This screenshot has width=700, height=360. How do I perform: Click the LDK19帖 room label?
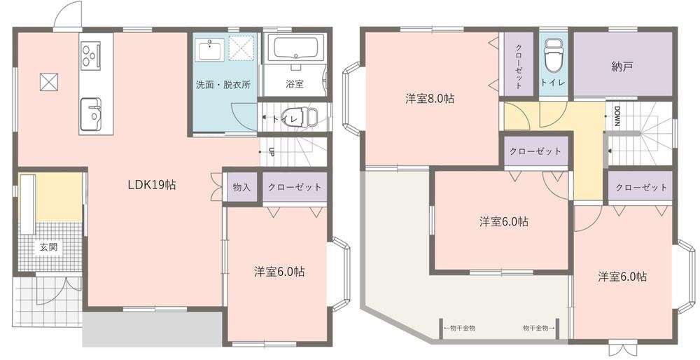click(x=152, y=184)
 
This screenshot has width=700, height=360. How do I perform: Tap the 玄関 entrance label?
click(x=48, y=247)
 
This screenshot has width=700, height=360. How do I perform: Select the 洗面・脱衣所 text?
click(x=223, y=85)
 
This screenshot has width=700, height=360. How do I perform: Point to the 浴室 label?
click(x=295, y=83)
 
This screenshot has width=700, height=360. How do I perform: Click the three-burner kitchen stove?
click(x=90, y=55)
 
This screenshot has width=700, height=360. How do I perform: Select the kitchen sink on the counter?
click(x=90, y=114)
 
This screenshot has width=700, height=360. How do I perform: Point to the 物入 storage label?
click(x=241, y=188)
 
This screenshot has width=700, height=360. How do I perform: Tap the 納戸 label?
click(x=622, y=67)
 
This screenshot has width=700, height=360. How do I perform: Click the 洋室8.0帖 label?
click(x=430, y=98)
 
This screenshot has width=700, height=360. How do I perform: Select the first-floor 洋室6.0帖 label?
click(x=280, y=271)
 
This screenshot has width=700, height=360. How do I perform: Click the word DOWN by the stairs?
click(x=617, y=116)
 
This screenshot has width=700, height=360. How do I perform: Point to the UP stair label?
click(x=270, y=152)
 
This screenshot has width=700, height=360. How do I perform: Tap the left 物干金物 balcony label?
click(x=459, y=328)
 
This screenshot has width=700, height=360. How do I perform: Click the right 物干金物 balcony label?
click(x=539, y=328)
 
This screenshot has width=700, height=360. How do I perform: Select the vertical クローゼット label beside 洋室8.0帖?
click(x=519, y=66)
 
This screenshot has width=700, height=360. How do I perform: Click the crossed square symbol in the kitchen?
click(x=49, y=82)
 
